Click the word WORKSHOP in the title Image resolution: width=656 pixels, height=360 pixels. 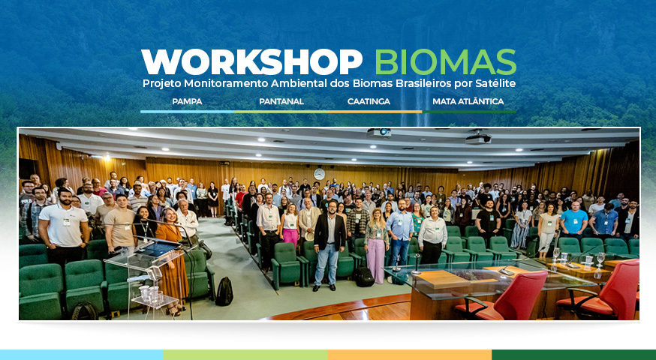click(x=251, y=62)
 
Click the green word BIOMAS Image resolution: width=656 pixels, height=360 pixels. click(x=446, y=62)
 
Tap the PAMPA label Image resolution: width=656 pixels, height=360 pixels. click(x=187, y=101)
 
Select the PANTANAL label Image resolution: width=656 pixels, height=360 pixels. click(x=281, y=101)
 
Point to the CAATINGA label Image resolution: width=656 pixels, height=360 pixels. click(x=369, y=101)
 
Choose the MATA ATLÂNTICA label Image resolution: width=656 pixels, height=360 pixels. click(x=468, y=101)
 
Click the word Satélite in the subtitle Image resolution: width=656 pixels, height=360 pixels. click(x=495, y=83)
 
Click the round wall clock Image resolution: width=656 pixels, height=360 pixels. click(x=319, y=174)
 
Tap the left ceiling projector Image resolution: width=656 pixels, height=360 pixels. click(x=378, y=133)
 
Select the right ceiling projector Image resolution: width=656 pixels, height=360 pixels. click(x=478, y=139)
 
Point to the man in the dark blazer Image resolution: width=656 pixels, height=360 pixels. click(x=330, y=246)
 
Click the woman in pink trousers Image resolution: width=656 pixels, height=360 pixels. click(x=377, y=245)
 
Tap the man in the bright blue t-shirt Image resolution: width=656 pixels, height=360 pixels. click(x=573, y=220)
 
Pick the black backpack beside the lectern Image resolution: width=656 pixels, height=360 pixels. click(x=224, y=292)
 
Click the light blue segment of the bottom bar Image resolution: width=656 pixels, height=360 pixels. click(x=82, y=355)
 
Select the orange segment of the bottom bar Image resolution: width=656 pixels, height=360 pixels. click(x=410, y=355)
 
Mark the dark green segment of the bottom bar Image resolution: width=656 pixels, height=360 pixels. click(x=574, y=355)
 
